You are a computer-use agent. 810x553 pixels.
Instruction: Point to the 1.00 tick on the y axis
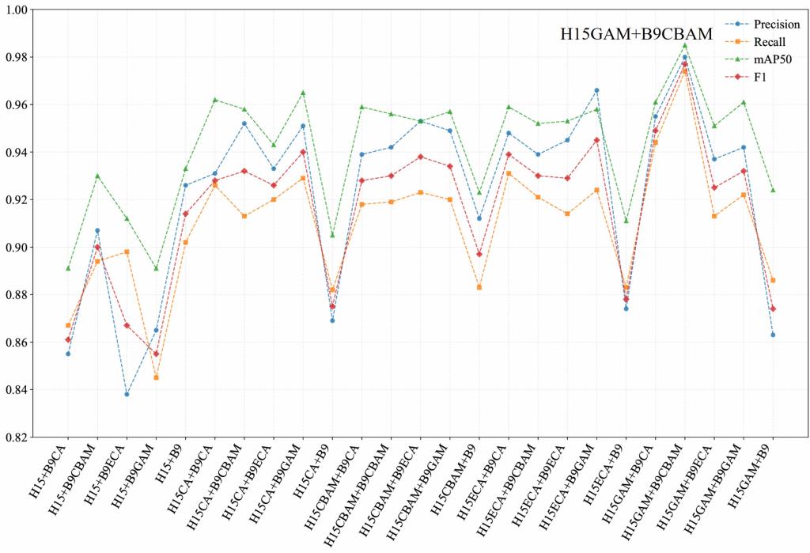click(17, 9)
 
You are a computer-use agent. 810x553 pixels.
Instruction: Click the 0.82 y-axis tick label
click(17, 437)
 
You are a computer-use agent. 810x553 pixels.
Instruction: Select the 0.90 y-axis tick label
click(17, 248)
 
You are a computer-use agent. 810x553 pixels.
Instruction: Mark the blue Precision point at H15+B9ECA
click(127, 394)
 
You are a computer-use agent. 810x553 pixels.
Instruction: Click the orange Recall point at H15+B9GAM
click(156, 377)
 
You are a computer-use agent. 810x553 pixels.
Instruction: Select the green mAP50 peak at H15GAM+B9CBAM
click(684, 45)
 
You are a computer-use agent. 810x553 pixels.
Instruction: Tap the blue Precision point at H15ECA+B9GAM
click(596, 90)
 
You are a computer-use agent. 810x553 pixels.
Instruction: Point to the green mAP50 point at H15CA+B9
click(332, 235)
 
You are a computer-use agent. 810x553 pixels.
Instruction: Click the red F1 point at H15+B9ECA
click(127, 326)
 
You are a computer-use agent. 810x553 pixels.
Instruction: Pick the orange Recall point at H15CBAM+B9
click(479, 287)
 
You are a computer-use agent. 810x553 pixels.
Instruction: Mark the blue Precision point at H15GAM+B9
click(772, 335)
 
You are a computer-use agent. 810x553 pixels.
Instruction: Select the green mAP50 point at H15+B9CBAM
click(97, 176)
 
